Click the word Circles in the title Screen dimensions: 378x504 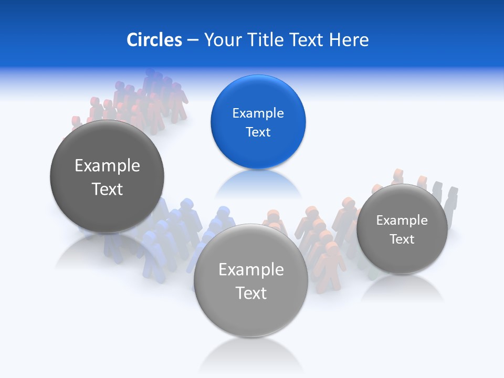154,40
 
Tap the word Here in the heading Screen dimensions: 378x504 349,40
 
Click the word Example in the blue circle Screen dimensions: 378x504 258,113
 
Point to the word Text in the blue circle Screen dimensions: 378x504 258,132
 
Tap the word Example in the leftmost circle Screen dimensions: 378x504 107,166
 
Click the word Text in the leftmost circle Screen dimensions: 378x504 107,189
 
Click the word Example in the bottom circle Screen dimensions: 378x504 251,270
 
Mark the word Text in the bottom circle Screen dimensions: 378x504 251,293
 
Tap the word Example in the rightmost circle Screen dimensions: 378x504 402,220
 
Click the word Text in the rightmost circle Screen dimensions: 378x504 402,239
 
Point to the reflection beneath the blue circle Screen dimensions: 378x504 258,184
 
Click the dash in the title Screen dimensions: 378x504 193,40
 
